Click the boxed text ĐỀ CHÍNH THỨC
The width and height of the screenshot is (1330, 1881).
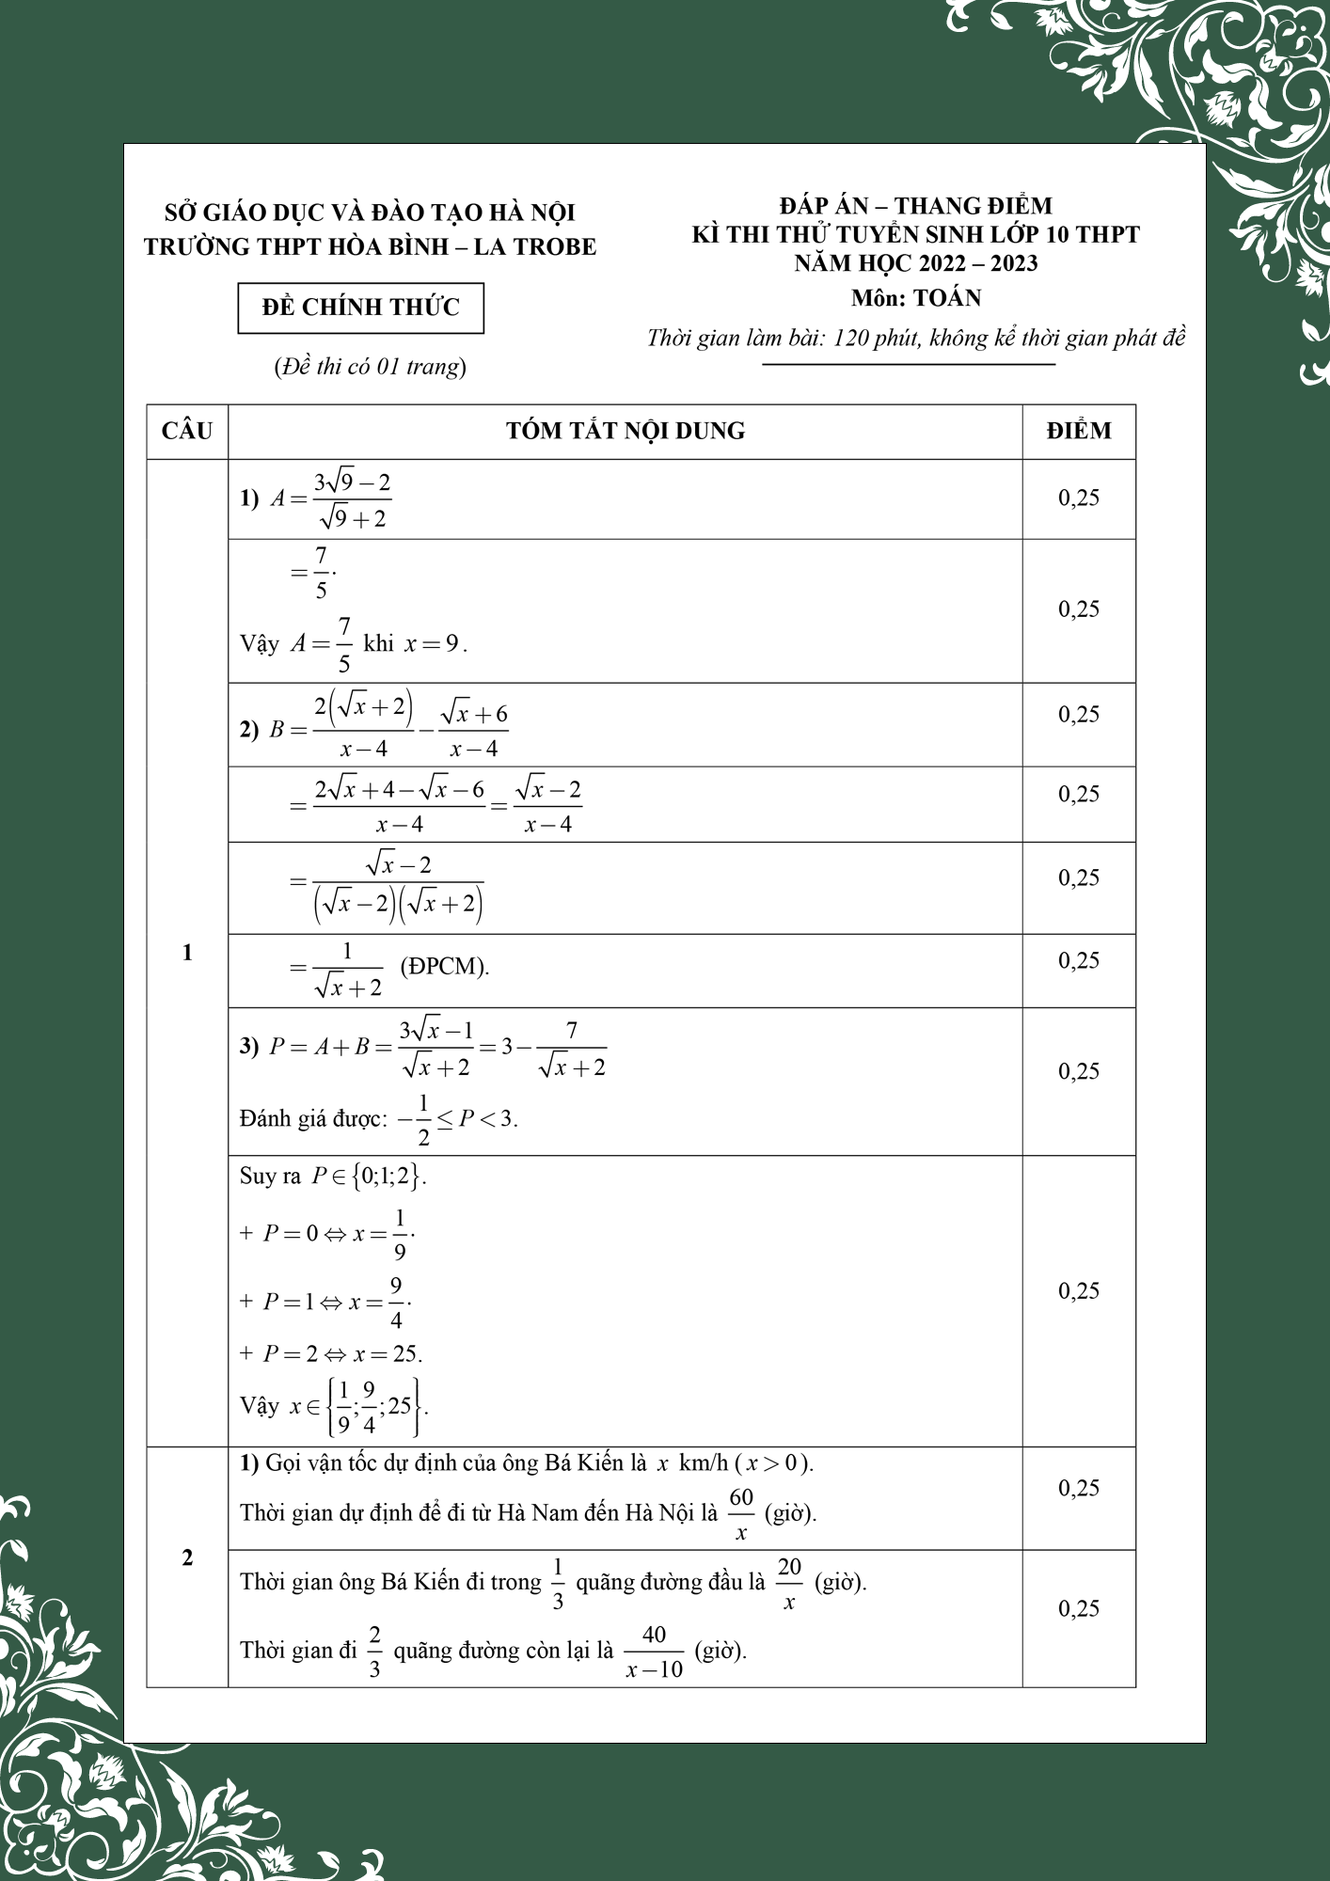pos(360,308)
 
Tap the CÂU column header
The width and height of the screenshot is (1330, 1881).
pos(187,431)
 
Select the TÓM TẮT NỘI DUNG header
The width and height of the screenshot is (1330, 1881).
pos(625,431)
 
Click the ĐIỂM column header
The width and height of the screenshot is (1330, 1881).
pos(1079,431)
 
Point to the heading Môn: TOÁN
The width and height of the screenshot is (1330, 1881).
pos(916,298)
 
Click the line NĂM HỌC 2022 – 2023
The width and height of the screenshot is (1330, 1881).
pos(916,263)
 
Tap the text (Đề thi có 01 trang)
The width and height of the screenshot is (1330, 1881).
pos(370,366)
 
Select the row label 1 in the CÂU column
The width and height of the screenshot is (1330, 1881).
pos(187,953)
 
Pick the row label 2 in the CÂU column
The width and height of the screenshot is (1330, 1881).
pos(187,1557)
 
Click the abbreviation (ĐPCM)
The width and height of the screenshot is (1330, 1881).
pos(445,966)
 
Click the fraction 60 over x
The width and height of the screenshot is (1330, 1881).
pos(741,1512)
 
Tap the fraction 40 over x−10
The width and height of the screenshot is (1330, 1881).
pos(655,1652)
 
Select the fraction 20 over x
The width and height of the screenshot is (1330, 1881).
pos(789,1582)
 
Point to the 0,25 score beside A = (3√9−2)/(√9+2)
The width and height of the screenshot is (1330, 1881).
pos(1079,498)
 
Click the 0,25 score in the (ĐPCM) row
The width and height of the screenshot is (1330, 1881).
pos(1079,960)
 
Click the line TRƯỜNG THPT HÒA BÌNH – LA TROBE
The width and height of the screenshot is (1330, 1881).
pos(370,246)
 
